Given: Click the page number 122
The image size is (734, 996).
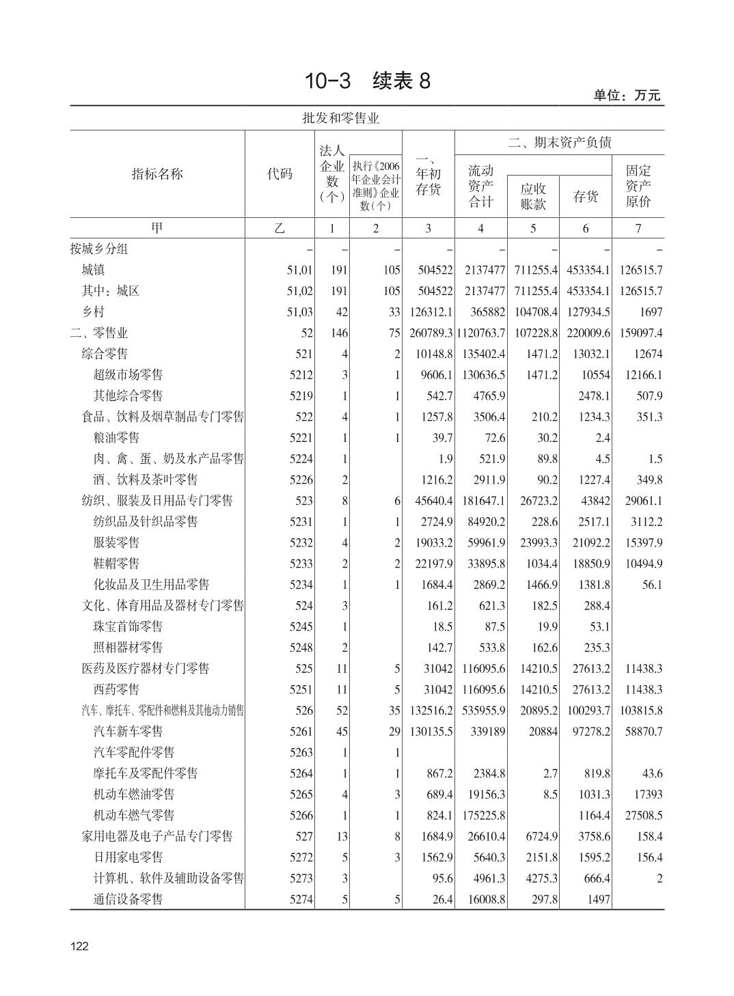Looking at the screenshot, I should click(x=79, y=946).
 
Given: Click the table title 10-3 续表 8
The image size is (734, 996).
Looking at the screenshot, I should click(x=367, y=81).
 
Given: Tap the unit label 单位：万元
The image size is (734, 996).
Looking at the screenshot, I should click(x=627, y=96).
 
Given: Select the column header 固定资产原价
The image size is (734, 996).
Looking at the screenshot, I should click(x=638, y=185).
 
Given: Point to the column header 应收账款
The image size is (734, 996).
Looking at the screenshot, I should click(x=533, y=196).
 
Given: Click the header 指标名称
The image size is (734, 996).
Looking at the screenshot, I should click(x=157, y=174).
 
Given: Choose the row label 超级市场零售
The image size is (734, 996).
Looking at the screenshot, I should click(x=128, y=374).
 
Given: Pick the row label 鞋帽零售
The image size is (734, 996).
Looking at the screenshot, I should click(x=116, y=564).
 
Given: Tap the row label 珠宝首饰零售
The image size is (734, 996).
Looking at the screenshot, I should click(x=128, y=626).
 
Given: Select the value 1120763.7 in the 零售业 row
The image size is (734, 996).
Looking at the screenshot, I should click(x=480, y=333).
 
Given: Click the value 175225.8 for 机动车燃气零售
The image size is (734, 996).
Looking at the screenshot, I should click(x=482, y=815).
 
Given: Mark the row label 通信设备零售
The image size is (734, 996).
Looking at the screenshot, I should click(x=128, y=899).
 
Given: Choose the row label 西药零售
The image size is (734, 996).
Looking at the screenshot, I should click(x=116, y=689).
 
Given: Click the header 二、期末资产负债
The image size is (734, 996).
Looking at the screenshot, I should click(x=559, y=142).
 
